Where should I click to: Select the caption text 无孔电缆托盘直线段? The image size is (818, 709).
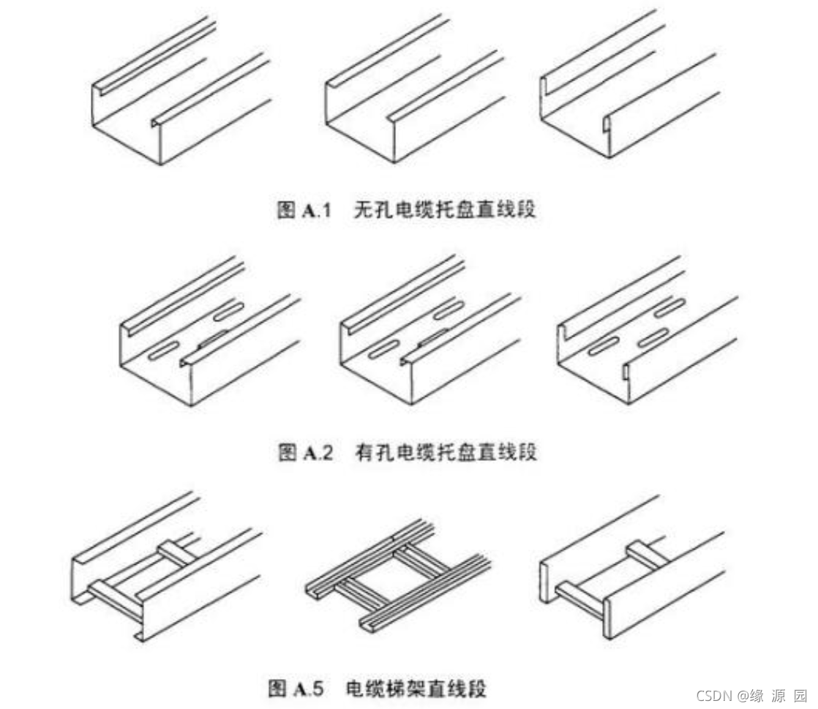click(444, 211)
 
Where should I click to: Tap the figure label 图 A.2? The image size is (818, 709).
click(305, 452)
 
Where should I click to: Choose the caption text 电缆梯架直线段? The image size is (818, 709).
click(416, 689)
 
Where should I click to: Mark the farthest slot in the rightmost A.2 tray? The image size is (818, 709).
click(670, 308)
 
